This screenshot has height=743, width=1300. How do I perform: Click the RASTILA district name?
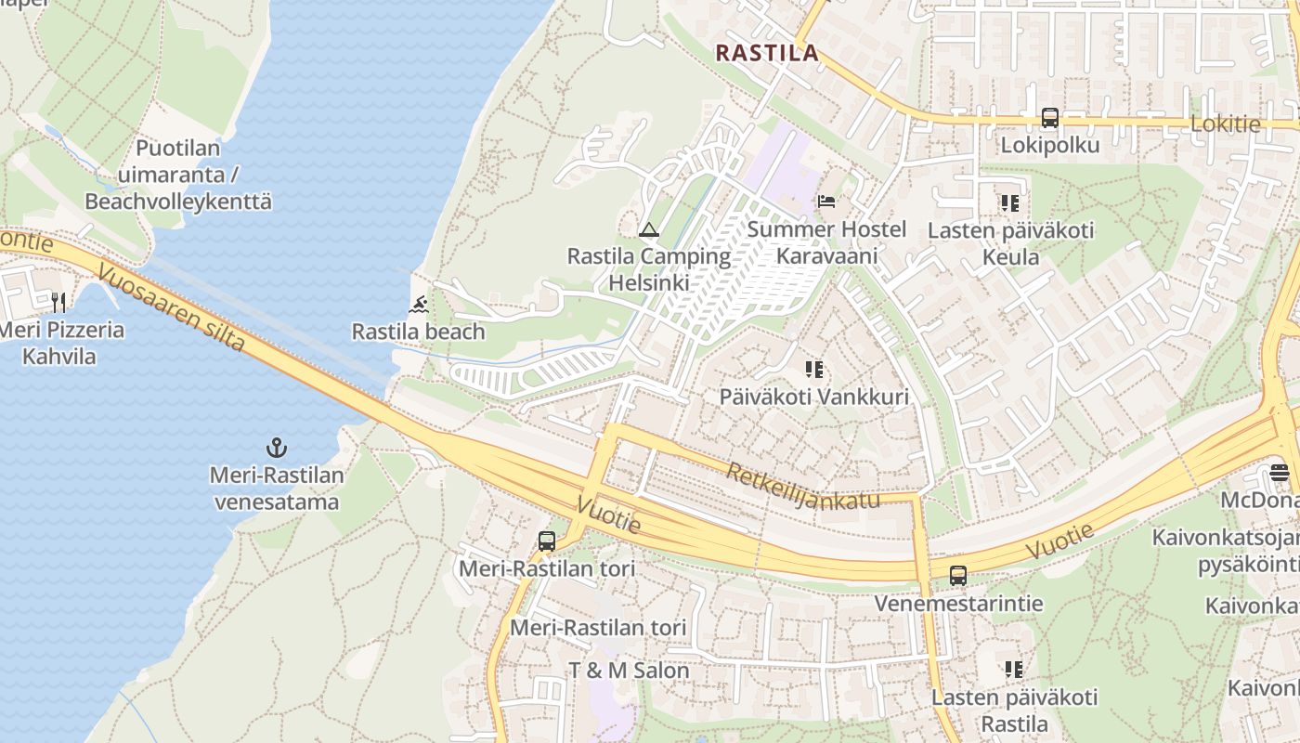767,53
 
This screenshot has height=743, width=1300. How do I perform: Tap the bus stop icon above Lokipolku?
1050,118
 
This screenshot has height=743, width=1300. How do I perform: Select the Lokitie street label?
1225,124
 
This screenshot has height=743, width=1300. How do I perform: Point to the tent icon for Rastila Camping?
649,229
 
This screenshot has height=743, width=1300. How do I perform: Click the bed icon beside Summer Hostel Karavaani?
826,202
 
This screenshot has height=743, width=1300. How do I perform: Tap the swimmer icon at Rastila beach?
419,305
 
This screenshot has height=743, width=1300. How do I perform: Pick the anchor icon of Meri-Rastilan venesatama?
276,449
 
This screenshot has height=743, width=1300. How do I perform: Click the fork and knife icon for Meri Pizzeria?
58,302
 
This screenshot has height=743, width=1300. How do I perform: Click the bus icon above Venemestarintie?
958,576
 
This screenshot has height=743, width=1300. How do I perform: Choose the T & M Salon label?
629,671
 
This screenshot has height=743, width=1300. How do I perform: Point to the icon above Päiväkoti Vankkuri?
814,370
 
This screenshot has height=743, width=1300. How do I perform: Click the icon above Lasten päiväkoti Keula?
1010,202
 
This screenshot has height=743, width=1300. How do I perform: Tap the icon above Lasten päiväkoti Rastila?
1014,669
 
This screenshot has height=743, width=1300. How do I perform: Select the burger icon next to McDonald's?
1280,473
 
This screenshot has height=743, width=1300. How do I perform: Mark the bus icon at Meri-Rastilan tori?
547,541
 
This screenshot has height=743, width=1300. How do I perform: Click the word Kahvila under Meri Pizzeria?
58,356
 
